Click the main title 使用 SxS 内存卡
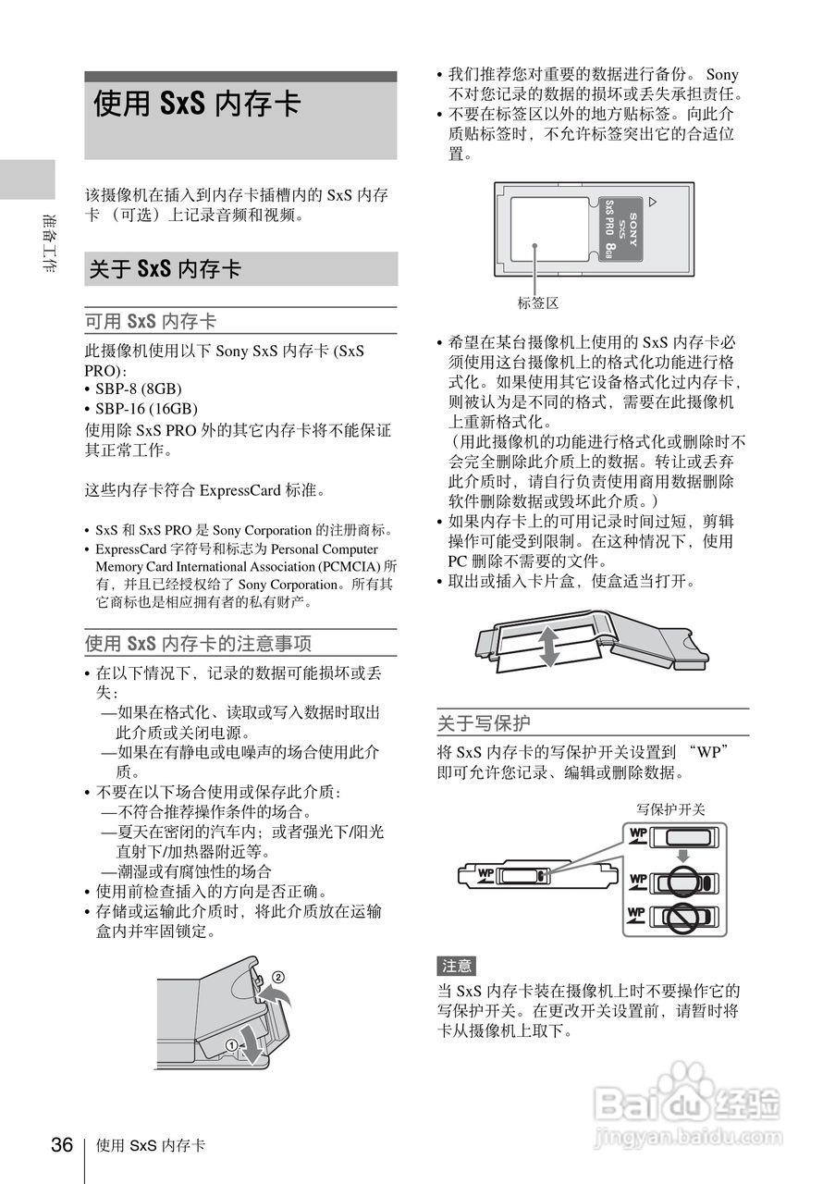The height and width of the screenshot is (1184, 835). tap(197, 104)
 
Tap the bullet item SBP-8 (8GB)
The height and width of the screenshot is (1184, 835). tap(139, 388)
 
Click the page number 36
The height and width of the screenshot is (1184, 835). tap(62, 1145)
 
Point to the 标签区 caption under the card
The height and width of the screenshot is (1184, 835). tap(538, 302)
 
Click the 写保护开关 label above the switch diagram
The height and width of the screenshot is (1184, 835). tap(671, 809)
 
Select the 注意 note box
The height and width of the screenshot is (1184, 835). tap(457, 966)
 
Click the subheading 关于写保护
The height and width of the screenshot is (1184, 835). tap(484, 722)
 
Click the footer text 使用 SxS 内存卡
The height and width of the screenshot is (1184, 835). tap(151, 1146)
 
